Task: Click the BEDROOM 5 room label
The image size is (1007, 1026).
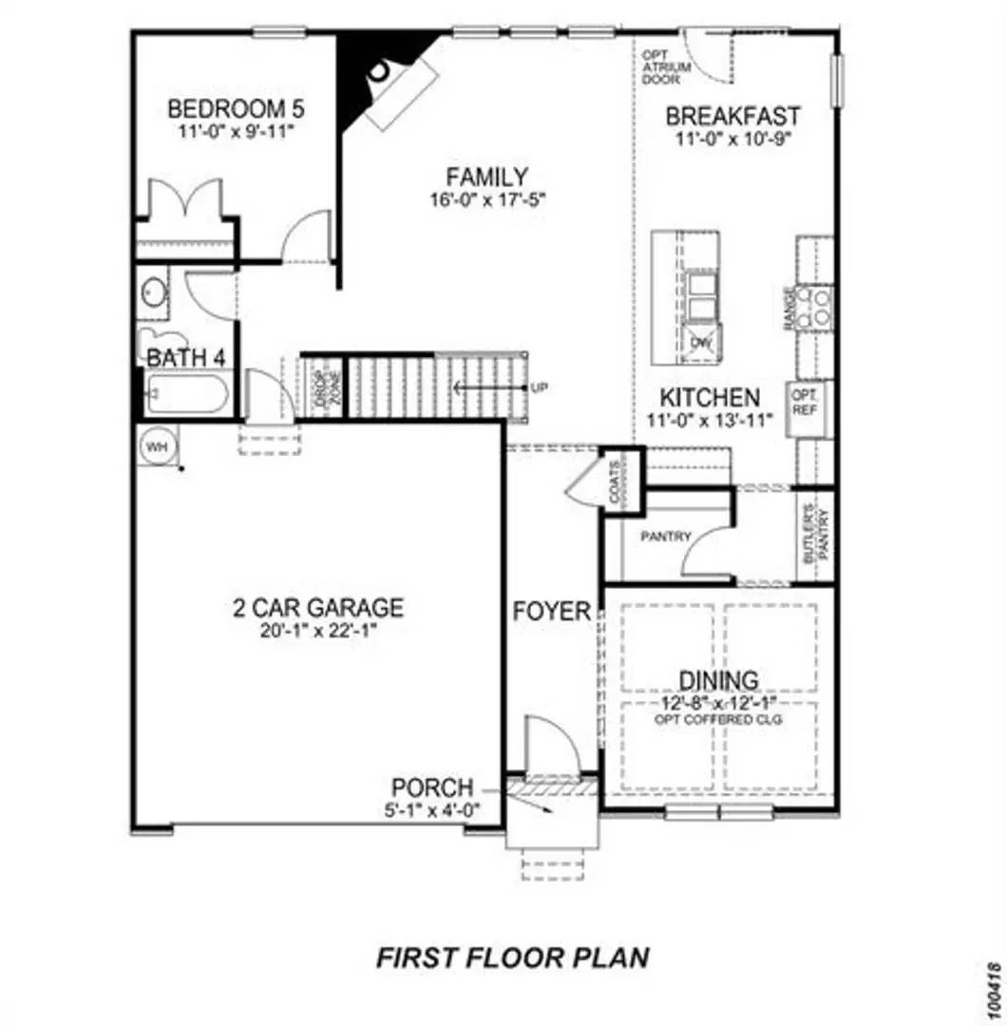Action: (235, 107)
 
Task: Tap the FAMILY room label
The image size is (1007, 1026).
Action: (487, 177)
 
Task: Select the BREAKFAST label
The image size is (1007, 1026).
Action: (732, 117)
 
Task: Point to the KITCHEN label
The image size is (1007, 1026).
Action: (710, 397)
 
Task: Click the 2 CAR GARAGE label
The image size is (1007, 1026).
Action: (318, 606)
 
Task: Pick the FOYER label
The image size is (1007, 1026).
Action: (552, 611)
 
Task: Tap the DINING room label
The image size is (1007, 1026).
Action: (718, 680)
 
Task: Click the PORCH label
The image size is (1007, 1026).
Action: (432, 788)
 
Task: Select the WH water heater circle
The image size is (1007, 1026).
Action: (154, 446)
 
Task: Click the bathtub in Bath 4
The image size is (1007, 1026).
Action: (186, 393)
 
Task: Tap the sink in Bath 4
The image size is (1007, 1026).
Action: (154, 292)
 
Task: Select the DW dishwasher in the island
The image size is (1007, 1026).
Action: (701, 343)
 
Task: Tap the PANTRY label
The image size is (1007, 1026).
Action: (665, 537)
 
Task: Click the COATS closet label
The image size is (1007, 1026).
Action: (616, 482)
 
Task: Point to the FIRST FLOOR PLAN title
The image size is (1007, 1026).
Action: (513, 957)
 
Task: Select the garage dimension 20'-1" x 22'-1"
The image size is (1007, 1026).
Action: (318, 628)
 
